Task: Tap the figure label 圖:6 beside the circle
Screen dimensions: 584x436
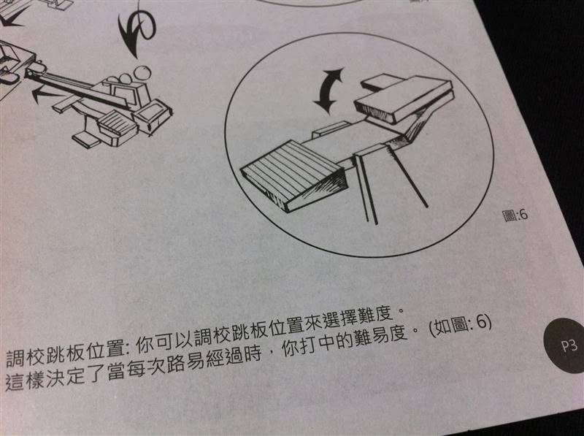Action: click(x=515, y=215)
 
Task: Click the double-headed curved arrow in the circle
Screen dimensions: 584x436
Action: click(x=328, y=90)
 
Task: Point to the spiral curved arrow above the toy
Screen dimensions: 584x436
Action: click(x=137, y=30)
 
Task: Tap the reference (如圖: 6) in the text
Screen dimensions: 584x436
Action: click(x=461, y=326)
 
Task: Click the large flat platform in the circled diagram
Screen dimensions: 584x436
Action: click(x=404, y=99)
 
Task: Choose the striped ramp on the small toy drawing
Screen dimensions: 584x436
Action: click(x=118, y=124)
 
